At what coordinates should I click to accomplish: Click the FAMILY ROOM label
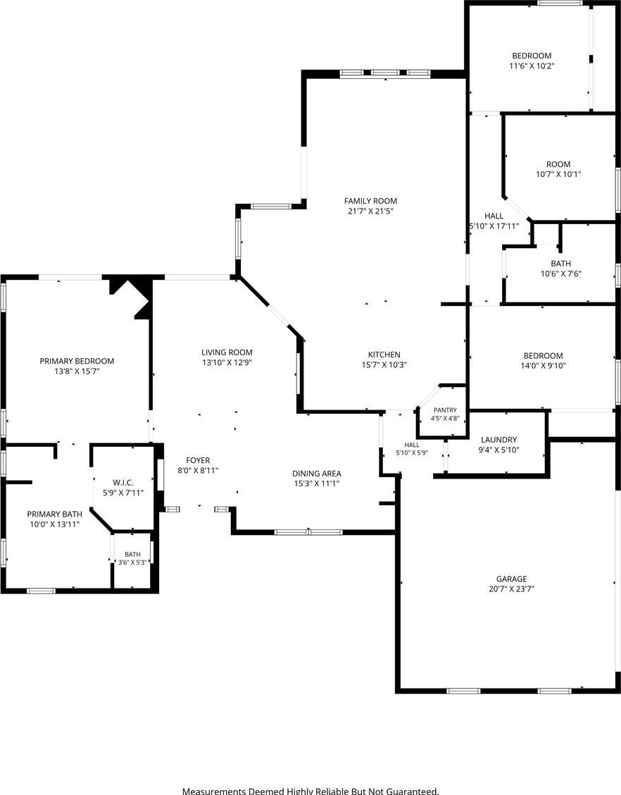pyautogui.click(x=370, y=201)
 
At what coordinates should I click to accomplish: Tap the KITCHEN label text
pyautogui.click(x=384, y=355)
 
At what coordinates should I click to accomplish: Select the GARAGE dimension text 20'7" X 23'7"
pyautogui.click(x=511, y=588)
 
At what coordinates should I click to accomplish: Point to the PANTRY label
pyautogui.click(x=445, y=410)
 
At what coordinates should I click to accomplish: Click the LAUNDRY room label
pyautogui.click(x=499, y=440)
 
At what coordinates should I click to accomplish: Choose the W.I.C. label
pyautogui.click(x=123, y=483)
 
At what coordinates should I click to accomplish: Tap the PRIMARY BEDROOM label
pyautogui.click(x=77, y=361)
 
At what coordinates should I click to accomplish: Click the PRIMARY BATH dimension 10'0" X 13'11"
pyautogui.click(x=55, y=524)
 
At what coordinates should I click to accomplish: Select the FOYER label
pyautogui.click(x=198, y=460)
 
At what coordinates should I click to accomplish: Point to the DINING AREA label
pyautogui.click(x=317, y=474)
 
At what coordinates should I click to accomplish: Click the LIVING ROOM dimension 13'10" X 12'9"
pyautogui.click(x=227, y=362)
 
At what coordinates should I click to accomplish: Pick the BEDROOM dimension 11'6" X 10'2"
pyautogui.click(x=532, y=66)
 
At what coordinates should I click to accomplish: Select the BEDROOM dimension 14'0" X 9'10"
pyautogui.click(x=543, y=366)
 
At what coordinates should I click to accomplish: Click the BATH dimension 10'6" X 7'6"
pyautogui.click(x=560, y=273)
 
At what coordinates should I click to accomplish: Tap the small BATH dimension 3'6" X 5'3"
pyautogui.click(x=132, y=562)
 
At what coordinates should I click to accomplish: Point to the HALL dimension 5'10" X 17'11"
pyautogui.click(x=494, y=226)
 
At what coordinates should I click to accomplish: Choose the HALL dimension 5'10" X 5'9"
pyautogui.click(x=412, y=452)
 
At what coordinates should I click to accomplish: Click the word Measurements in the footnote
pyautogui.click(x=214, y=791)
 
